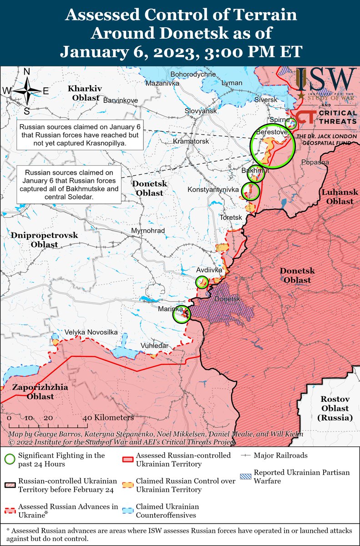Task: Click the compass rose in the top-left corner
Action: [27, 91]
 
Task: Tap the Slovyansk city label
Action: [200, 111]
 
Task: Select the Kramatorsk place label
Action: [191, 142]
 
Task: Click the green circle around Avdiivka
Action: [202, 282]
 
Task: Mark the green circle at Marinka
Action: [182, 314]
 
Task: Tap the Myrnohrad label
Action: [147, 231]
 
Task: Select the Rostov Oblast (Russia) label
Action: [336, 408]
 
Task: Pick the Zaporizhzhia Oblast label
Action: [40, 392]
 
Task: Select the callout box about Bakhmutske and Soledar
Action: [69, 185]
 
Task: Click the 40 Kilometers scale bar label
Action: [111, 417]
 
